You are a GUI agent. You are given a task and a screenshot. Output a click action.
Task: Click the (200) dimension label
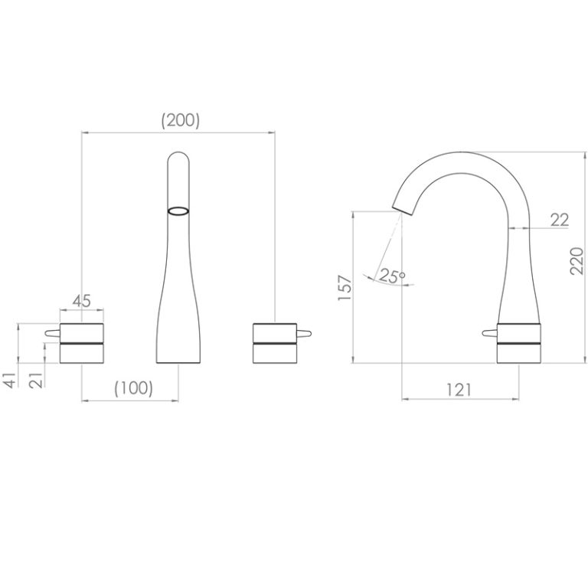pyautogui.click(x=181, y=120)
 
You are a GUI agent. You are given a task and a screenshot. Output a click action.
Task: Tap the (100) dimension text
pyautogui.click(x=133, y=388)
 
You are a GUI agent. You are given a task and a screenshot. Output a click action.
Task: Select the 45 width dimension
pyautogui.click(x=82, y=301)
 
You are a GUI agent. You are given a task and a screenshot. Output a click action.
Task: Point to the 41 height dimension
pyautogui.click(x=11, y=381)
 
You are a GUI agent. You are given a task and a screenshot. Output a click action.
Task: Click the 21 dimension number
pyautogui.click(x=37, y=381)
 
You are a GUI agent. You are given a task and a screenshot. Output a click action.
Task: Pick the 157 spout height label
pyautogui.click(x=345, y=288)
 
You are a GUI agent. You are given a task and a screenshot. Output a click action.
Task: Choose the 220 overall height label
pyautogui.click(x=577, y=261)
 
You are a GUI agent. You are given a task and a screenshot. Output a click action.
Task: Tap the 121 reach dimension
pyautogui.click(x=459, y=390)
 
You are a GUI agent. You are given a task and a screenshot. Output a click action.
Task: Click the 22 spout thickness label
pyautogui.click(x=560, y=220)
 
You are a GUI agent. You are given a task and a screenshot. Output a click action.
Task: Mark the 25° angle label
pyautogui.click(x=392, y=276)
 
